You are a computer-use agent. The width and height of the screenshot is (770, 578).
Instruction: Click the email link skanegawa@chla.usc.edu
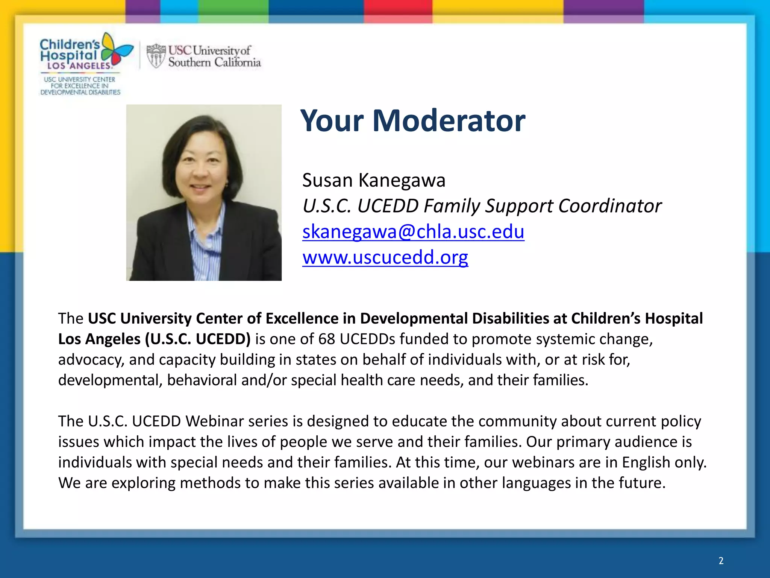pyautogui.click(x=413, y=231)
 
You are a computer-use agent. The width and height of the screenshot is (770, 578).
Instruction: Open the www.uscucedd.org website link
pyautogui.click(x=385, y=257)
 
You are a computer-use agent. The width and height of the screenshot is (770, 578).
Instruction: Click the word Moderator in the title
pyautogui.click(x=449, y=121)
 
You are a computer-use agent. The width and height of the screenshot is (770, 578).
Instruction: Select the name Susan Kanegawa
pyautogui.click(x=374, y=180)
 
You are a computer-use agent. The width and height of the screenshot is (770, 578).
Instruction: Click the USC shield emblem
pyautogui.click(x=156, y=56)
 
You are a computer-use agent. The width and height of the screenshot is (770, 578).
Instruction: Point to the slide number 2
pyautogui.click(x=721, y=561)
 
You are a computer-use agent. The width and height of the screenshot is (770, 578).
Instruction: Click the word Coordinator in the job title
pyautogui.click(x=609, y=206)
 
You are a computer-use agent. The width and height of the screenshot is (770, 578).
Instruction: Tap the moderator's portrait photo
pyautogui.click(x=204, y=192)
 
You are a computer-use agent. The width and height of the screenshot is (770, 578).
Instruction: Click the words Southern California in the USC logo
pyautogui.click(x=214, y=62)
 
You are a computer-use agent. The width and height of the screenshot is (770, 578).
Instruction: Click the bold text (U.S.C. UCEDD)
pyautogui.click(x=198, y=339)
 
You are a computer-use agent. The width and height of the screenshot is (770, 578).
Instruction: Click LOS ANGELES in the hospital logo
pyautogui.click(x=79, y=65)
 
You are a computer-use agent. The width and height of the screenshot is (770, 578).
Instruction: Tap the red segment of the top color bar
pyautogui.click(x=398, y=8)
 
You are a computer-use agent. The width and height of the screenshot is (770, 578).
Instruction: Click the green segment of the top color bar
pyautogui.click(x=233, y=8)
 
